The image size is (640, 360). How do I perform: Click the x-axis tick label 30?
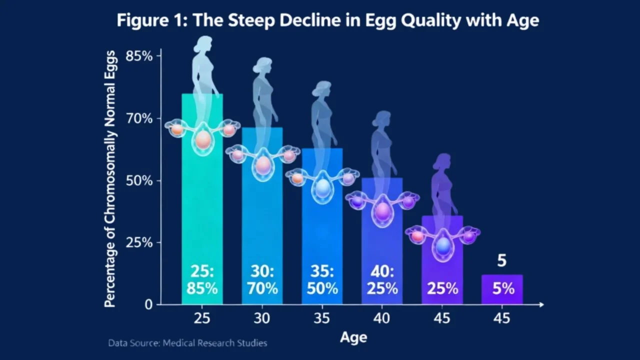tap(262, 318)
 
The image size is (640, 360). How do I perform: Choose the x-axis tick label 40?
tap(382, 318)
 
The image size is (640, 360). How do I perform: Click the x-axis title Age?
tap(353, 337)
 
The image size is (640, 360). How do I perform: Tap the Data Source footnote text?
tap(187, 343)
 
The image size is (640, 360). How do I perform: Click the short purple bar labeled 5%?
tap(502, 289)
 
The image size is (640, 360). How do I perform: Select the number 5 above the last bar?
tap(502, 261)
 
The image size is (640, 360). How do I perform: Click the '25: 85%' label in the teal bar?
tap(202, 280)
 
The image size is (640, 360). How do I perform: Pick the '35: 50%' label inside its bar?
tap(322, 280)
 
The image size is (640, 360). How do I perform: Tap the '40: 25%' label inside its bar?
tap(382, 280)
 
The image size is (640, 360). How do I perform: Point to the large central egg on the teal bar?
tap(203, 139)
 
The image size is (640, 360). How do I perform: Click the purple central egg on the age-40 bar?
tap(382, 211)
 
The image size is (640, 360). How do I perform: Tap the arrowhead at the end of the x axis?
tap(540, 304)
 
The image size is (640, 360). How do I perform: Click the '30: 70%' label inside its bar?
tap(262, 280)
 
